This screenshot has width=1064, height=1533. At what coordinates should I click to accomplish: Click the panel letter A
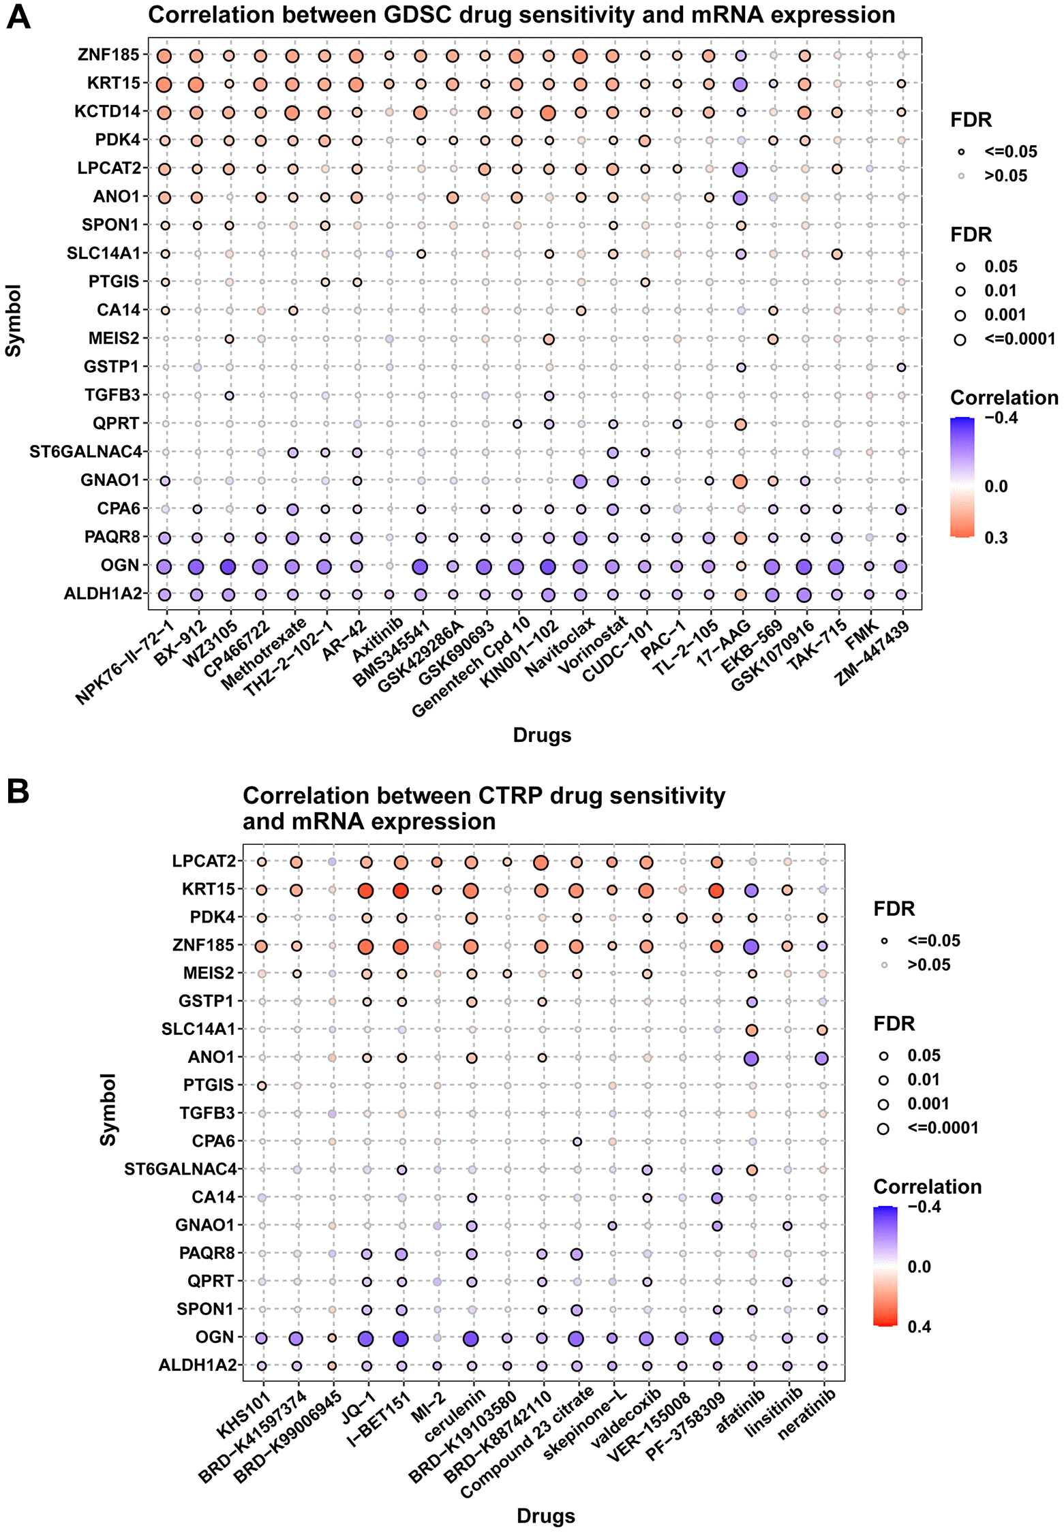click(x=18, y=16)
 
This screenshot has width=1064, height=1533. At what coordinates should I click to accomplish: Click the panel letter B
click(x=18, y=792)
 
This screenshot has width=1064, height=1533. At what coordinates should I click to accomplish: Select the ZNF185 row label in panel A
click(x=108, y=55)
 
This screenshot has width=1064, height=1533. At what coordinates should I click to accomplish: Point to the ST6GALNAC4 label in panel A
click(x=86, y=452)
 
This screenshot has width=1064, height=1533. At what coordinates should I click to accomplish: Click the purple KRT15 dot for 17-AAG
click(x=740, y=84)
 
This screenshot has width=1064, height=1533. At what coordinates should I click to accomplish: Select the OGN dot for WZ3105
click(x=228, y=566)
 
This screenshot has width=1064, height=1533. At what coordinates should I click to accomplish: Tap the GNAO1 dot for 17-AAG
click(x=740, y=481)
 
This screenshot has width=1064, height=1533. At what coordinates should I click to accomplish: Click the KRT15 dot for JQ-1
click(x=366, y=891)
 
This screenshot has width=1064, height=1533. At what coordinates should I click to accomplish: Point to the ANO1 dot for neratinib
click(x=822, y=1058)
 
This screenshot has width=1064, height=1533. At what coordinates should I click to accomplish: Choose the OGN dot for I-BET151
click(x=401, y=1338)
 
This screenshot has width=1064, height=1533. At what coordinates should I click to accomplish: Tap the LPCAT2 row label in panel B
click(x=204, y=861)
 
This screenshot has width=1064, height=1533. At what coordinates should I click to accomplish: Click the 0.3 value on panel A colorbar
click(x=996, y=538)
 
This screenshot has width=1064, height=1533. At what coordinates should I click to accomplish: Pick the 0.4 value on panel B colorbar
click(x=919, y=1327)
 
